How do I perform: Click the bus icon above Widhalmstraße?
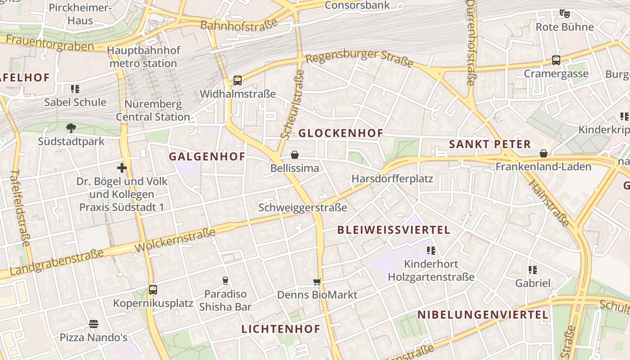click(x=238, y=81)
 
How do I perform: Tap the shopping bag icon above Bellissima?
click(x=295, y=155)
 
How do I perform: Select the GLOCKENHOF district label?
click(x=341, y=133)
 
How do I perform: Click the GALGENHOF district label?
click(x=207, y=157)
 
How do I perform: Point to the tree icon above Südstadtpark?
click(x=71, y=128)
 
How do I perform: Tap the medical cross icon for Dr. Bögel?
click(x=122, y=168)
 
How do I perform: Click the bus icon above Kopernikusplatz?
click(x=153, y=290)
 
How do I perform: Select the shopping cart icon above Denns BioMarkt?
click(x=317, y=282)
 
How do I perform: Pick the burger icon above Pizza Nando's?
click(x=94, y=324)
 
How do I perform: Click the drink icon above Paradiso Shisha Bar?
click(x=225, y=281)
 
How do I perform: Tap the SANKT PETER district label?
click(x=490, y=144)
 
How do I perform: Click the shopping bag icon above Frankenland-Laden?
click(x=544, y=153)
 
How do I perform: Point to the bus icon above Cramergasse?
click(x=556, y=60)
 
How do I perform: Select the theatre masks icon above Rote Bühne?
click(x=565, y=13)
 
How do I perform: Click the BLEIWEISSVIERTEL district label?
click(x=394, y=230)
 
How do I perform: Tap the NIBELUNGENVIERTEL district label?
click(x=483, y=315)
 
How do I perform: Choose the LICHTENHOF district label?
click(x=281, y=329)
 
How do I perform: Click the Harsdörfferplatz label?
click(x=392, y=179)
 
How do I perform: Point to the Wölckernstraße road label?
click(x=175, y=240)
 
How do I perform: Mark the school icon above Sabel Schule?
click(x=75, y=89)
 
